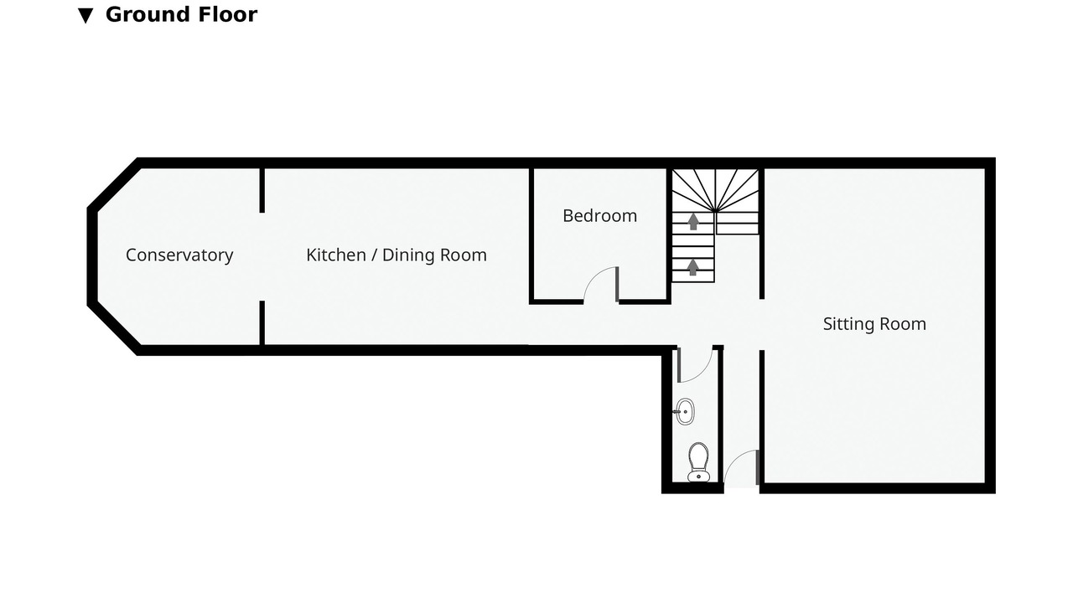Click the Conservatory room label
tap(179, 255)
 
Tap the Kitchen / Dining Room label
tap(397, 255)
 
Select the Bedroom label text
tap(599, 216)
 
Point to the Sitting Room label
tap(874, 324)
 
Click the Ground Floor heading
tap(181, 14)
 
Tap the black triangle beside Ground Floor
tap(86, 16)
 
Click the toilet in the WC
tap(698, 461)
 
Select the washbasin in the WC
tap(685, 411)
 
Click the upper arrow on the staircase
tap(693, 222)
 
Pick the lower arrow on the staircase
tap(692, 267)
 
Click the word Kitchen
tap(336, 255)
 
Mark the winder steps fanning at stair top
tap(715, 190)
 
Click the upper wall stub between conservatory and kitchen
tap(262, 190)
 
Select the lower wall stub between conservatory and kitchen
tap(262, 322)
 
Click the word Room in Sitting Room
tap(905, 324)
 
